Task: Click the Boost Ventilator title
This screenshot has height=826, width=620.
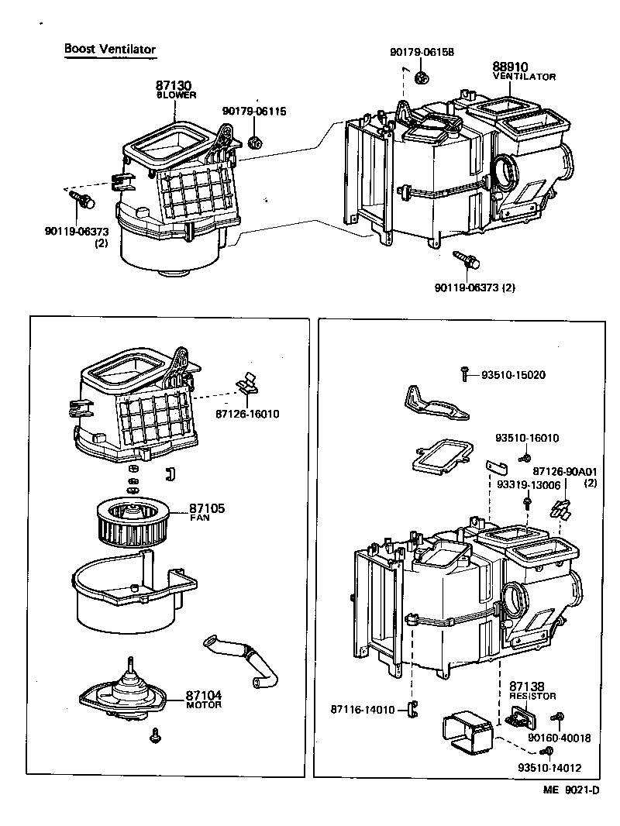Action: tap(110, 49)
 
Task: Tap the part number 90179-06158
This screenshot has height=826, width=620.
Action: tap(422, 53)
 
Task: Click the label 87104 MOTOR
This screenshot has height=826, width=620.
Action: tap(203, 700)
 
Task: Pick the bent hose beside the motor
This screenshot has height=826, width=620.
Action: tap(242, 660)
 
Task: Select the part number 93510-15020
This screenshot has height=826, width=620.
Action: tap(513, 375)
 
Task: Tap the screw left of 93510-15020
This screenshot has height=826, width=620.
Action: tap(463, 374)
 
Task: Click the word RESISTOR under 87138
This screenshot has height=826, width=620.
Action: tap(532, 696)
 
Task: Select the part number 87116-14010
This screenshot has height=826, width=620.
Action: tap(363, 709)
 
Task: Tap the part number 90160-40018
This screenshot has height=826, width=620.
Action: tap(560, 738)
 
